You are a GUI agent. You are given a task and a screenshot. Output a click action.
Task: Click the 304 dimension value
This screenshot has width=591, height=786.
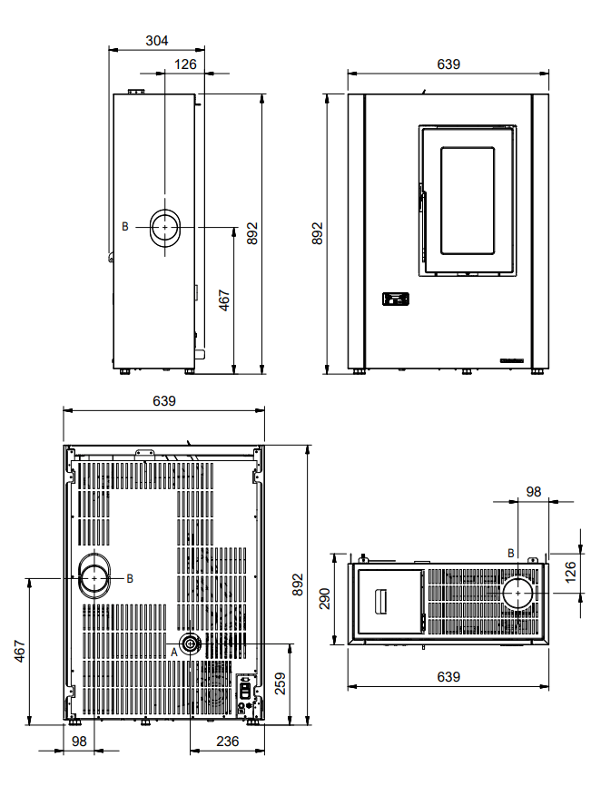(x=156, y=41)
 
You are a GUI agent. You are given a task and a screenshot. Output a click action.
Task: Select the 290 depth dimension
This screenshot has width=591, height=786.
(x=324, y=598)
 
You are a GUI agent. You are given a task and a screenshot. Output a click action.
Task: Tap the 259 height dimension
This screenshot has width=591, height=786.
(x=280, y=683)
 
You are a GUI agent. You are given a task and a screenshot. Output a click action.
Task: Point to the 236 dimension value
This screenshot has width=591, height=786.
(x=227, y=741)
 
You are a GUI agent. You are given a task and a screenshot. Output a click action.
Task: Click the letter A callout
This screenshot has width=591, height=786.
(x=174, y=653)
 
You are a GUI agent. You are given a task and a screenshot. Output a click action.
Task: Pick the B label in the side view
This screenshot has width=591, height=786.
(x=124, y=227)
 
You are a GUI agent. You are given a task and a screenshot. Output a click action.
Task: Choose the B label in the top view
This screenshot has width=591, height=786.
(x=511, y=553)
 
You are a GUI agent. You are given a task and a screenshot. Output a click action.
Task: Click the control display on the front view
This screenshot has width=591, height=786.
(x=396, y=300)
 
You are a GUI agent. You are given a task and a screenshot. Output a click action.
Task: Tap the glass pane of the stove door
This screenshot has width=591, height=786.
(x=468, y=201)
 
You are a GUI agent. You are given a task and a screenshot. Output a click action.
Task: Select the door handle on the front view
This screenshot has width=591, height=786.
(x=422, y=201)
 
